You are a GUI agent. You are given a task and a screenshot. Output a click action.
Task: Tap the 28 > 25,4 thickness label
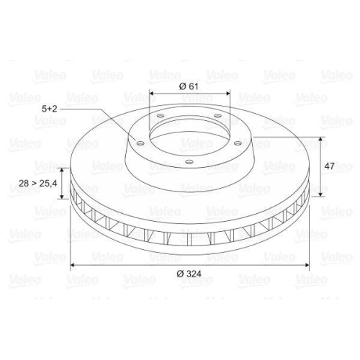pyautogui.click(x=37, y=184)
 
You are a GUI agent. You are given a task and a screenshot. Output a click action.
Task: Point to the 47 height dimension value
pyautogui.click(x=330, y=166)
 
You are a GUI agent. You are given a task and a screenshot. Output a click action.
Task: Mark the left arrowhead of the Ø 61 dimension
pyautogui.click(x=152, y=94)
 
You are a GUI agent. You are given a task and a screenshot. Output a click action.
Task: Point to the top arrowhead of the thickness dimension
pyautogui.click(x=63, y=171)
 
